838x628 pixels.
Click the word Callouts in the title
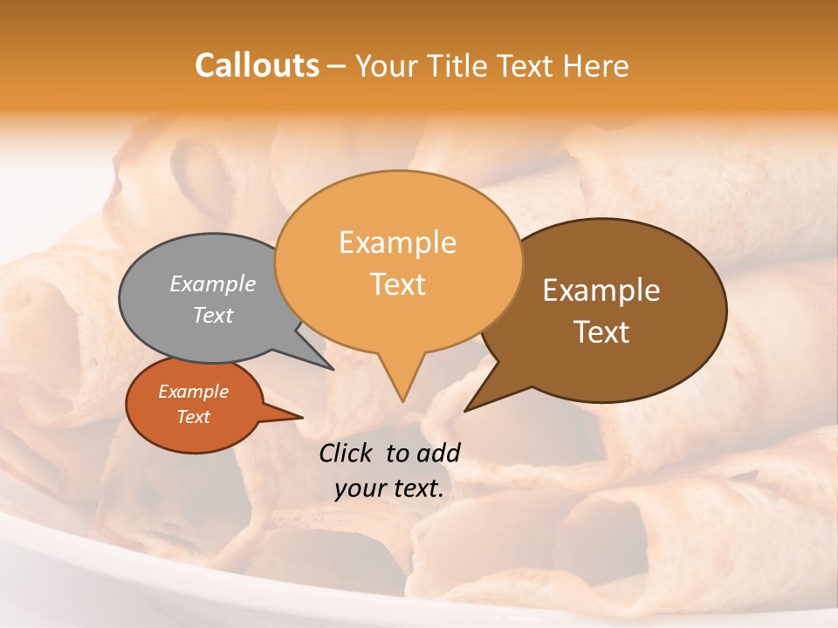pyautogui.click(x=257, y=65)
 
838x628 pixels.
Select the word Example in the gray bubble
pyautogui.click(x=213, y=283)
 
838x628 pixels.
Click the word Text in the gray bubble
pyautogui.click(x=213, y=315)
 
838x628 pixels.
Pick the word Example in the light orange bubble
pyautogui.click(x=397, y=242)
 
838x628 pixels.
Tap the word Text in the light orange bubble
pyautogui.click(x=397, y=284)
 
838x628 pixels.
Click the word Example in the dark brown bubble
pyautogui.click(x=601, y=290)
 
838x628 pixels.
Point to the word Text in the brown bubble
pyautogui.click(x=601, y=332)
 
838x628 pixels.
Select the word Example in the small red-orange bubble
pyautogui.click(x=193, y=392)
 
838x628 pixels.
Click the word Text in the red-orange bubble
pyautogui.click(x=193, y=417)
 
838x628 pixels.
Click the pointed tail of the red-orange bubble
pyautogui.click(x=301, y=417)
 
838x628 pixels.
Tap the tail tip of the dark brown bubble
pyautogui.click(x=466, y=409)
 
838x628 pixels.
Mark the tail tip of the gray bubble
pyautogui.click(x=333, y=369)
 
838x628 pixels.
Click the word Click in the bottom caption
pyautogui.click(x=347, y=453)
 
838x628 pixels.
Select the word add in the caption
pyautogui.click(x=438, y=453)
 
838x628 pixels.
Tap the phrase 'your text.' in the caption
pyautogui.click(x=389, y=488)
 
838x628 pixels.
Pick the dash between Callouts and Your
pyautogui.click(x=337, y=65)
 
